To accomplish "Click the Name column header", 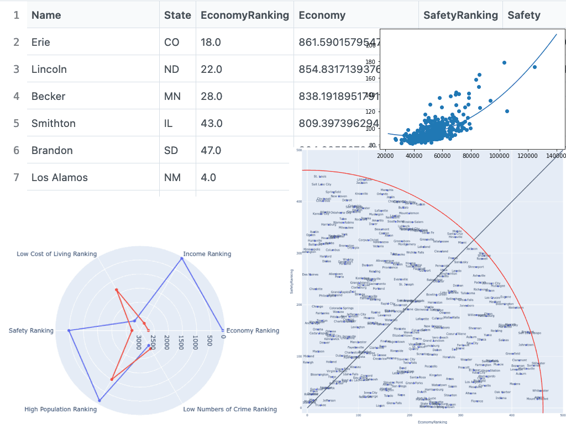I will (x=46, y=15).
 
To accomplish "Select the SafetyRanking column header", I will (x=460, y=15).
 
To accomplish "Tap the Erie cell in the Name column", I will (x=41, y=42).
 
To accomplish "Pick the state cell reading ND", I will (x=172, y=69).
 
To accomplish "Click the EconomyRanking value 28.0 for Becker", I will (x=211, y=96).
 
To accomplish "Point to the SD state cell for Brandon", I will (x=171, y=150).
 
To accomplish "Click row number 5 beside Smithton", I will (x=17, y=123).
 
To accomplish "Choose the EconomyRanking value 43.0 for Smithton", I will (x=211, y=123).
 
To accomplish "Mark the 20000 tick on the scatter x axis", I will (x=385, y=156).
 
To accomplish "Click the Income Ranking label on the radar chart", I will (x=207, y=254).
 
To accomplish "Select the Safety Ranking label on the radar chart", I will (x=31, y=331).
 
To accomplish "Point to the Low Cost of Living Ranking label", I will (x=56, y=254).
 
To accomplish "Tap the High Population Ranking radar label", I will (x=60, y=409).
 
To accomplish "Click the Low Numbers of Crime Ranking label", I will (x=230, y=409).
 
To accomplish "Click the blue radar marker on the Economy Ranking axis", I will (x=222, y=330).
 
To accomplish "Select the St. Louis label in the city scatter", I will (x=319, y=177).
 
